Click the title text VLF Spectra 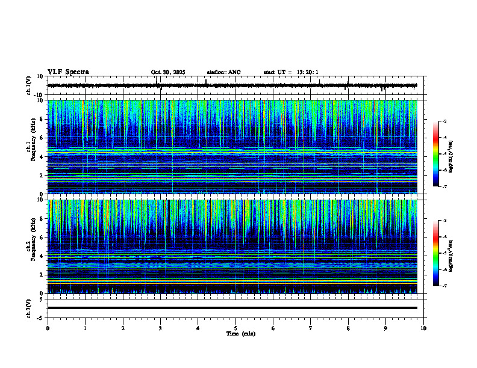coord(68,72)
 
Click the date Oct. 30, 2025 coord(168,72)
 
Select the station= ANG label coord(223,72)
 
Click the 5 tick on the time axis coord(235,328)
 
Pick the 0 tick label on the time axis coord(48,328)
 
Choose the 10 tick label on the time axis coord(423,328)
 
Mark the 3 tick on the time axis coord(160,328)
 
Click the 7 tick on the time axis coord(311,328)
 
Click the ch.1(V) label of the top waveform coord(29,85)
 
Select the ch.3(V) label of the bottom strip coord(29,307)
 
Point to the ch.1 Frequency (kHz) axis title coord(31,147)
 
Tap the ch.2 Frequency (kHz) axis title coord(31,247)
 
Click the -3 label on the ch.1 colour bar coord(444,121)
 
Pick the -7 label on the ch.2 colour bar coord(444,286)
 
